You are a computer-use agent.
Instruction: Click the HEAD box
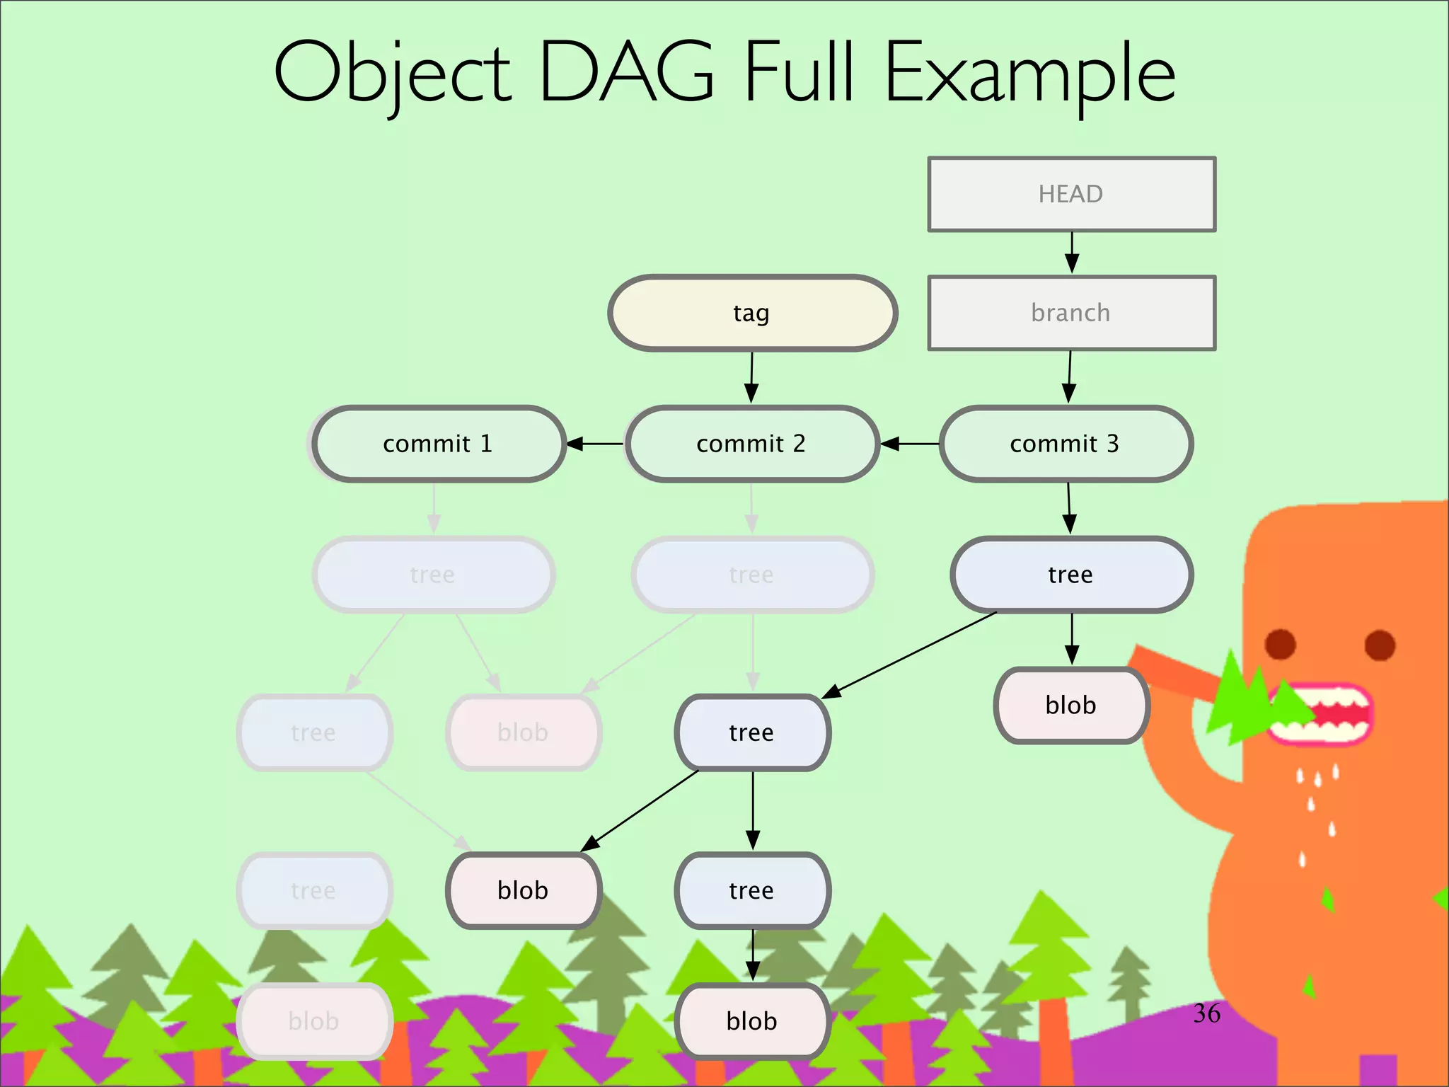[1071, 194]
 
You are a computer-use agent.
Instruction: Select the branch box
[1071, 313]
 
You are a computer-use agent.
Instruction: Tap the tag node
[752, 313]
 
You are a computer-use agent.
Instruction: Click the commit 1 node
[438, 444]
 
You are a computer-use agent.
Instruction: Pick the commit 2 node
[751, 444]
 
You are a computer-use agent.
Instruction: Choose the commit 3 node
[1065, 444]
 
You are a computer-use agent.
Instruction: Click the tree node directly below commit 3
[1070, 574]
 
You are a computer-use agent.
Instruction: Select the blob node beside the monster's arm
[1070, 705]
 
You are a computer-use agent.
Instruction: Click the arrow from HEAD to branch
[1072, 253]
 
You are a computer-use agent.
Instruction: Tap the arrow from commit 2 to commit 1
[596, 444]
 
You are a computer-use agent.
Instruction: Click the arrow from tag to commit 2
[751, 377]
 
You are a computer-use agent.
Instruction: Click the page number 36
[1206, 1013]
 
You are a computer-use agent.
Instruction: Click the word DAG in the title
[626, 73]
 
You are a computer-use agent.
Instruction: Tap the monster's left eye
[1280, 644]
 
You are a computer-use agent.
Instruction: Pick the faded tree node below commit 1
[433, 574]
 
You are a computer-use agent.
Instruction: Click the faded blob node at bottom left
[314, 1021]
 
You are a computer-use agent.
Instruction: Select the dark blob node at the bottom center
[752, 1021]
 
